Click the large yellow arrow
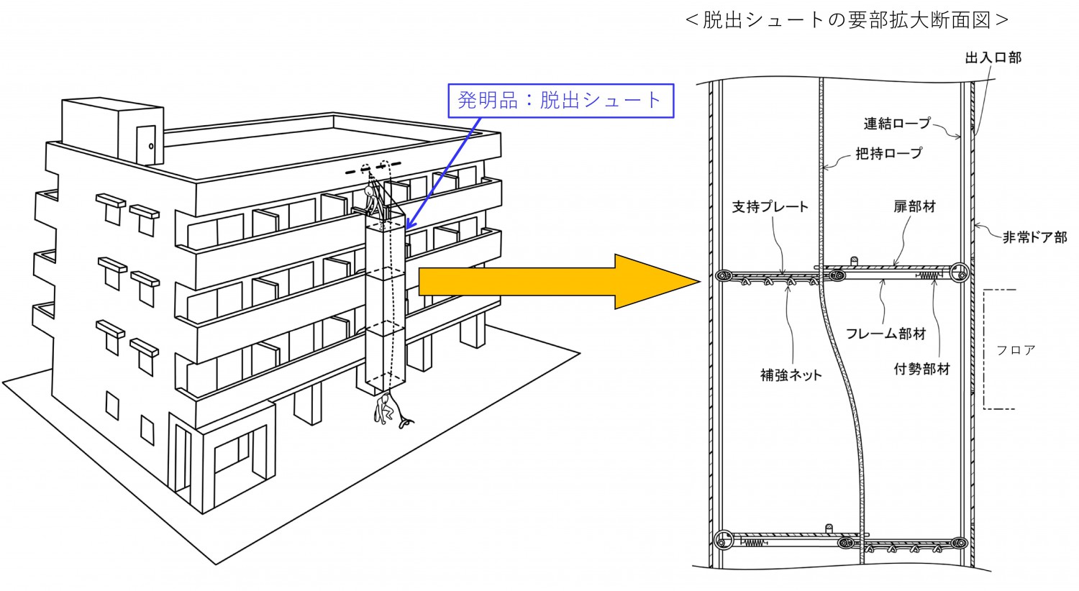point(559,282)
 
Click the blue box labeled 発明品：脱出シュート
point(560,101)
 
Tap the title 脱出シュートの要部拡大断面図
point(847,20)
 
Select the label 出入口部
point(993,58)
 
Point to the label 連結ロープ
point(898,124)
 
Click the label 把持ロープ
point(888,154)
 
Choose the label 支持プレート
point(770,207)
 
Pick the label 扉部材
point(914,207)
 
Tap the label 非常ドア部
point(1034,237)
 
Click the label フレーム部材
point(886,334)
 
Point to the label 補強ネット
point(791,375)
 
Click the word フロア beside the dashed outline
point(1016,350)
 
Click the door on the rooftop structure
point(146,145)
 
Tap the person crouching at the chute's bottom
point(386,409)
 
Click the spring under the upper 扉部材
point(929,276)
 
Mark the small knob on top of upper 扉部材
point(854,262)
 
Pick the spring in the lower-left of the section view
point(752,543)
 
